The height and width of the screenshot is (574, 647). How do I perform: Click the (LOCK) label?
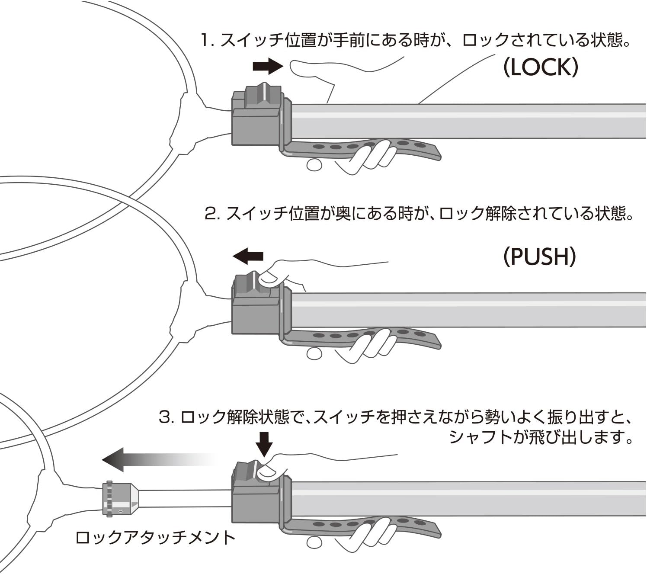540,67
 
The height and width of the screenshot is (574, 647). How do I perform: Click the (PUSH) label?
539,257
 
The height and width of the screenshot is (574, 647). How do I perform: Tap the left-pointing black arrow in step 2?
248,256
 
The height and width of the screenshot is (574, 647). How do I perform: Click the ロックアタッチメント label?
155,538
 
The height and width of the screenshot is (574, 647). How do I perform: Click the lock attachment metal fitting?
121,499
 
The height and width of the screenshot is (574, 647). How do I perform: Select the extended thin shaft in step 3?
186,498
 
